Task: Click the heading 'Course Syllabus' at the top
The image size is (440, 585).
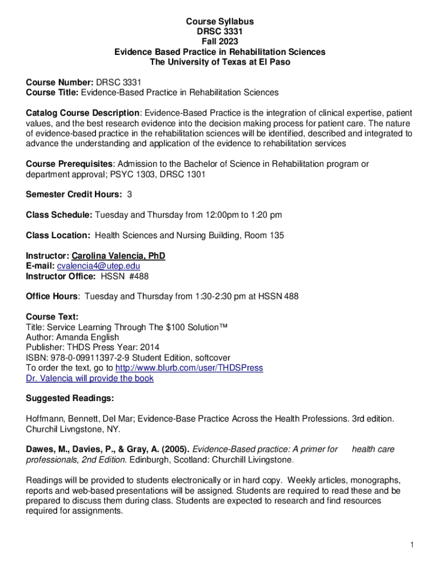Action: click(x=220, y=22)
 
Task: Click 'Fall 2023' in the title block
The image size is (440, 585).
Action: click(x=220, y=42)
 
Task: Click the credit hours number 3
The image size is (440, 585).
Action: click(x=130, y=195)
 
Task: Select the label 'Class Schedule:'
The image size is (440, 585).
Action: click(x=59, y=215)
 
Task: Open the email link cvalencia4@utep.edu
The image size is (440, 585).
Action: click(x=98, y=266)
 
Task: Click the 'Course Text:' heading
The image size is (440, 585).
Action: click(x=52, y=317)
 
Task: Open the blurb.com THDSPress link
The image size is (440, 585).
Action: click(x=189, y=368)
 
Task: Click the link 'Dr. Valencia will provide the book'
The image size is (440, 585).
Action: click(x=90, y=378)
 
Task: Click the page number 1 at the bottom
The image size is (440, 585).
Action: click(x=411, y=545)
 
